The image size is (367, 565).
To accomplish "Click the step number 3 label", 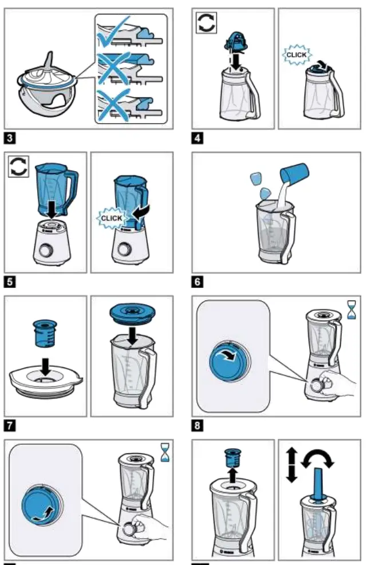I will point(10,137).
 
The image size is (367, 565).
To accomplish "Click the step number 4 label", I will point(198,137).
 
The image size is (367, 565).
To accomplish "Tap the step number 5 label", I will point(10,282).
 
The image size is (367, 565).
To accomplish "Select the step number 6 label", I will point(198,282).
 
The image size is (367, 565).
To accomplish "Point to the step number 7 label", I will point(10,425).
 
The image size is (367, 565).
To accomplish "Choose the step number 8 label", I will point(198,425).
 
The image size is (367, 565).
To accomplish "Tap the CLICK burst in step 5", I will point(112,218).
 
